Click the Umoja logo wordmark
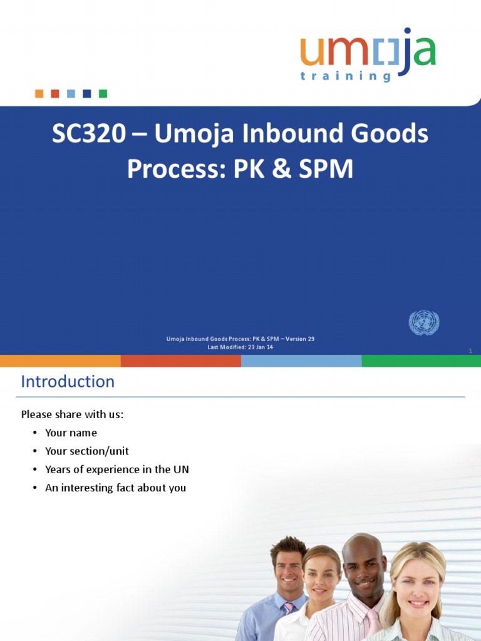pyautogui.click(x=368, y=51)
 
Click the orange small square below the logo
pyautogui.click(x=39, y=94)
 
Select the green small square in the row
pyautogui.click(x=103, y=94)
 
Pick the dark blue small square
pyautogui.click(x=86, y=94)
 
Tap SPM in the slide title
pyautogui.click(x=324, y=169)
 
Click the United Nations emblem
pyautogui.click(x=424, y=323)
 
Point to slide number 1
pyautogui.click(x=470, y=351)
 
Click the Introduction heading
pyautogui.click(x=68, y=382)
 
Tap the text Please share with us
pyautogui.click(x=73, y=414)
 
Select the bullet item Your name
pyautogui.click(x=71, y=433)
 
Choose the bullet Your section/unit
pyautogui.click(x=86, y=451)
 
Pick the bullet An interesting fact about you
pyautogui.click(x=115, y=488)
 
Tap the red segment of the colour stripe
pyautogui.click(x=180, y=361)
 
